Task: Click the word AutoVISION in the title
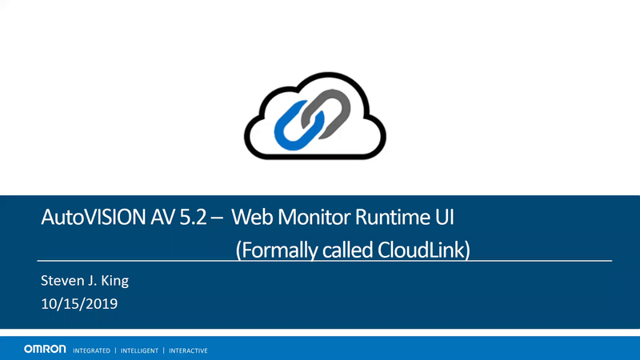pyautogui.click(x=93, y=217)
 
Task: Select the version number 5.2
pyautogui.click(x=193, y=217)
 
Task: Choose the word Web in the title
pyautogui.click(x=253, y=217)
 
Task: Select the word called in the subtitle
pyautogui.click(x=347, y=250)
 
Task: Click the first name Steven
pyautogui.click(x=62, y=281)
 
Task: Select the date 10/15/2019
pyautogui.click(x=79, y=304)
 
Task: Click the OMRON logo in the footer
pyautogui.click(x=45, y=349)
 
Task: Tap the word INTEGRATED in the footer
pyautogui.click(x=91, y=350)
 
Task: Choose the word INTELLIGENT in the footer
pyautogui.click(x=139, y=350)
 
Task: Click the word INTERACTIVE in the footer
pyautogui.click(x=188, y=350)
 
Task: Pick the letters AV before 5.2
pyautogui.click(x=162, y=217)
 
